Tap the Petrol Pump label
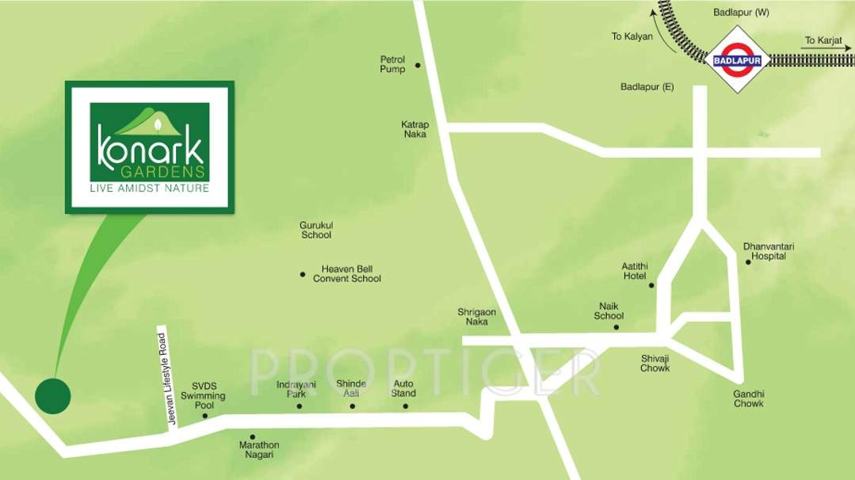coord(392,64)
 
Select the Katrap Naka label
coord(414,129)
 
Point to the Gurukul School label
coord(315,230)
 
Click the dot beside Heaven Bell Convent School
coord(303,274)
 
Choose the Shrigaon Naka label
coord(477,317)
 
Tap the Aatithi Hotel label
coord(635,271)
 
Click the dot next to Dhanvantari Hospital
coord(748,261)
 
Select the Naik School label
coord(609,310)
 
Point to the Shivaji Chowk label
coord(655,363)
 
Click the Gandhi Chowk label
coord(748,398)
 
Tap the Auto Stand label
coord(403,388)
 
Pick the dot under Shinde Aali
coord(352,406)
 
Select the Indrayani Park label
coord(291,388)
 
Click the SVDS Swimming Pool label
coord(203,395)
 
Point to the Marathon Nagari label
coord(259,450)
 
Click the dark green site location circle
coord(53,394)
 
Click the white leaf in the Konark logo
coord(157,124)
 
